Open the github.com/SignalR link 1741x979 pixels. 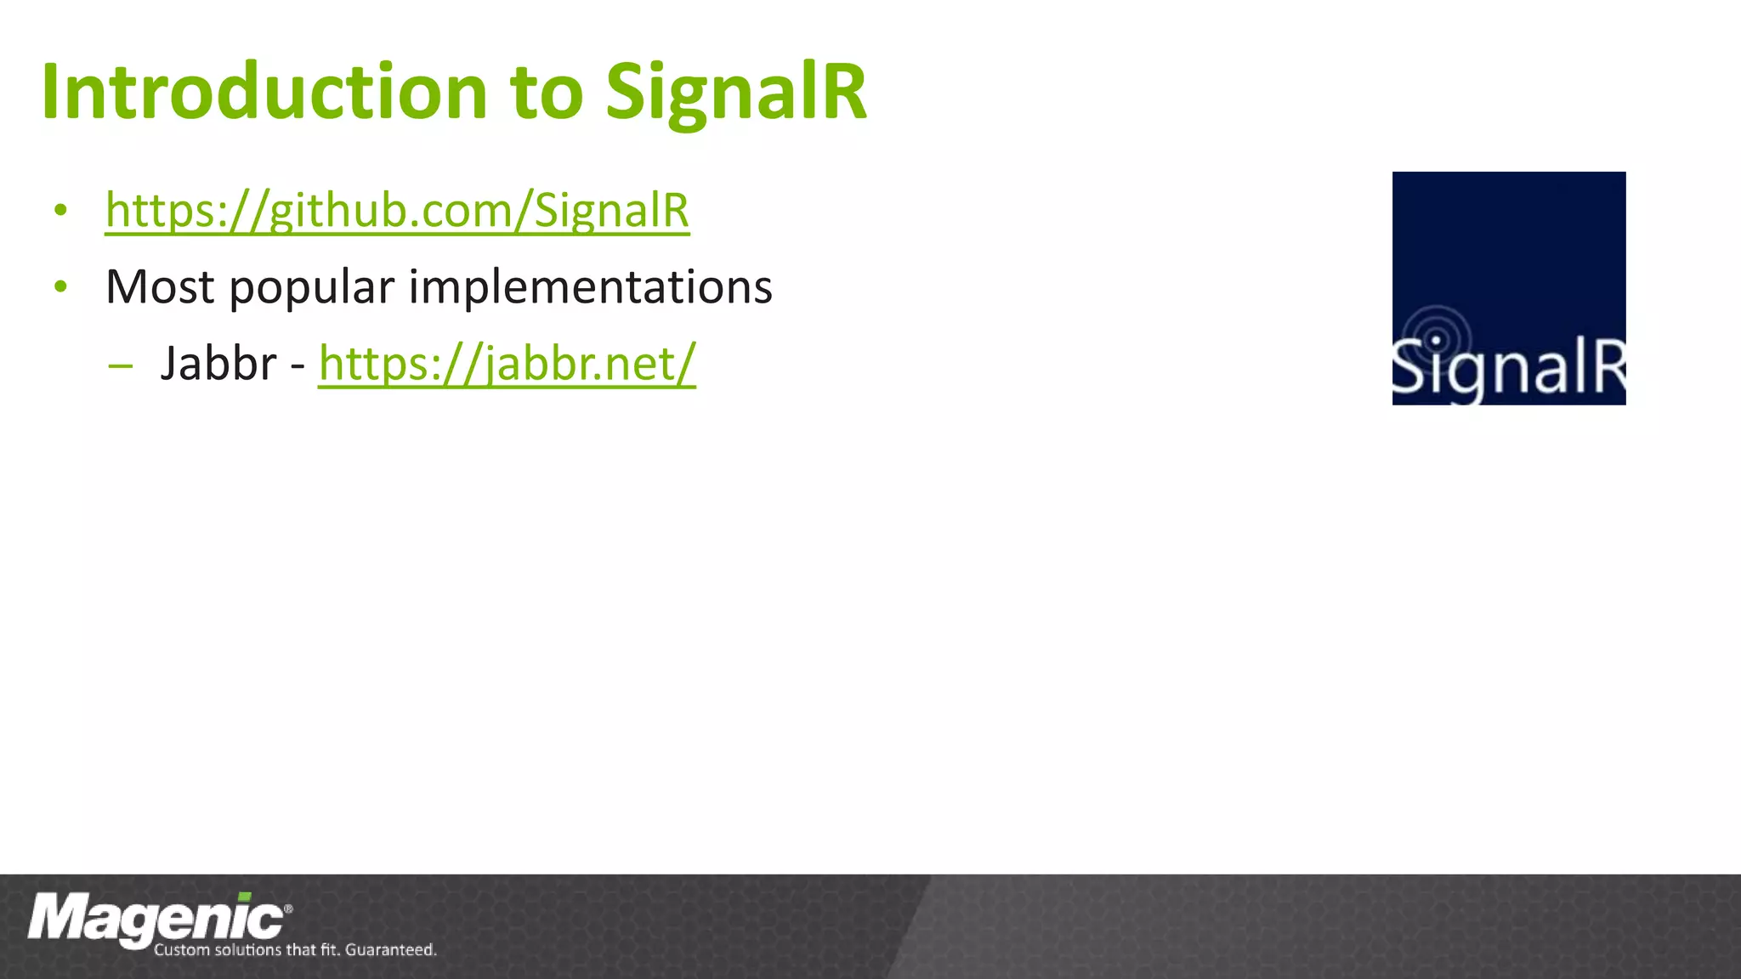click(397, 210)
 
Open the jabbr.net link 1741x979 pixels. click(507, 364)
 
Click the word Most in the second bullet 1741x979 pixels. click(160, 287)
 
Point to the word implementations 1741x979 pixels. click(590, 287)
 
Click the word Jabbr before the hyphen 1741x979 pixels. click(218, 365)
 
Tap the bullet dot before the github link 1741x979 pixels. click(60, 210)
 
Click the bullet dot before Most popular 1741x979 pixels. click(60, 287)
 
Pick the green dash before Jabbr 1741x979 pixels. click(121, 366)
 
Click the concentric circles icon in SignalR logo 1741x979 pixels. click(1437, 339)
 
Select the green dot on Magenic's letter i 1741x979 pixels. click(245, 897)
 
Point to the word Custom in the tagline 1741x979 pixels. click(181, 950)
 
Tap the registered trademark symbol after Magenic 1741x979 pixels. click(288, 908)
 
